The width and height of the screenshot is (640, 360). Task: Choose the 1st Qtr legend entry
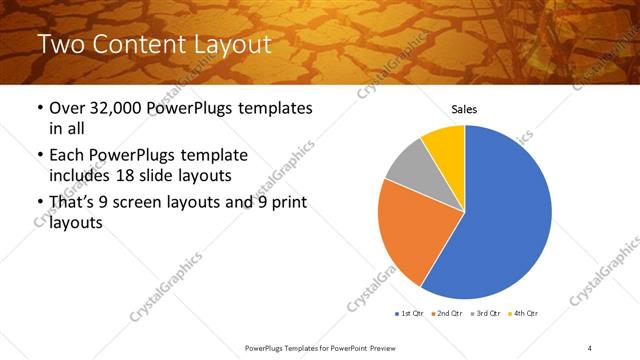pyautogui.click(x=408, y=314)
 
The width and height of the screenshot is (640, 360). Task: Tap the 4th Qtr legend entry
pyautogui.click(x=525, y=314)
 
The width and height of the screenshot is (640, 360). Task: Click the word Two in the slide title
pyautogui.click(x=58, y=45)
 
